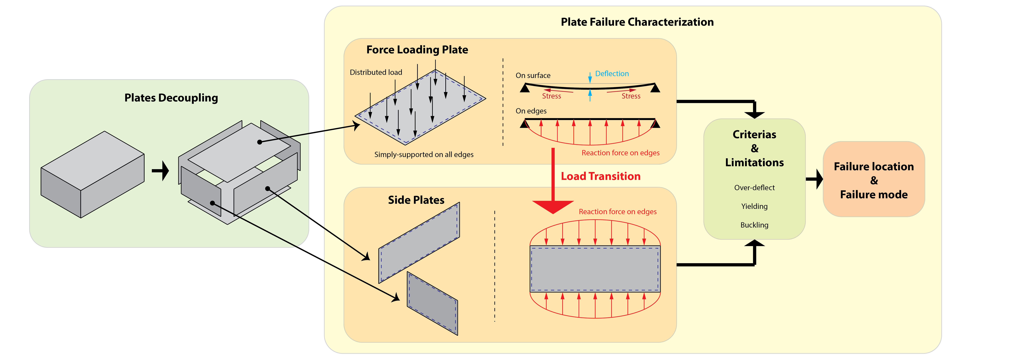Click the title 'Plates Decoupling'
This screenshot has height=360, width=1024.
pyautogui.click(x=171, y=98)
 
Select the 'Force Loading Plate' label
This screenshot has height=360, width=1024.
pyautogui.click(x=417, y=50)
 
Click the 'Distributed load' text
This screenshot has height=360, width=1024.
pyautogui.click(x=376, y=72)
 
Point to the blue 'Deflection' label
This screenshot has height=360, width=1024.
pyautogui.click(x=612, y=73)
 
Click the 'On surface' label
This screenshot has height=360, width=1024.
pyautogui.click(x=533, y=75)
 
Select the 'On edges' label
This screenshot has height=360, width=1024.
pyautogui.click(x=531, y=111)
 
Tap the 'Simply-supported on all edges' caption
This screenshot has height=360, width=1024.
pyautogui.click(x=424, y=155)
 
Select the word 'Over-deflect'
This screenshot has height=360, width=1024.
pyautogui.click(x=754, y=188)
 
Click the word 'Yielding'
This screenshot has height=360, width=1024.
pyautogui.click(x=754, y=206)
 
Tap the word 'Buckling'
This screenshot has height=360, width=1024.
pyautogui.click(x=754, y=225)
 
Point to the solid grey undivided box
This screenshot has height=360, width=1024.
pyautogui.click(x=92, y=175)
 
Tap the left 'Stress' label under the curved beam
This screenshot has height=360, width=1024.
pyautogui.click(x=551, y=96)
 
